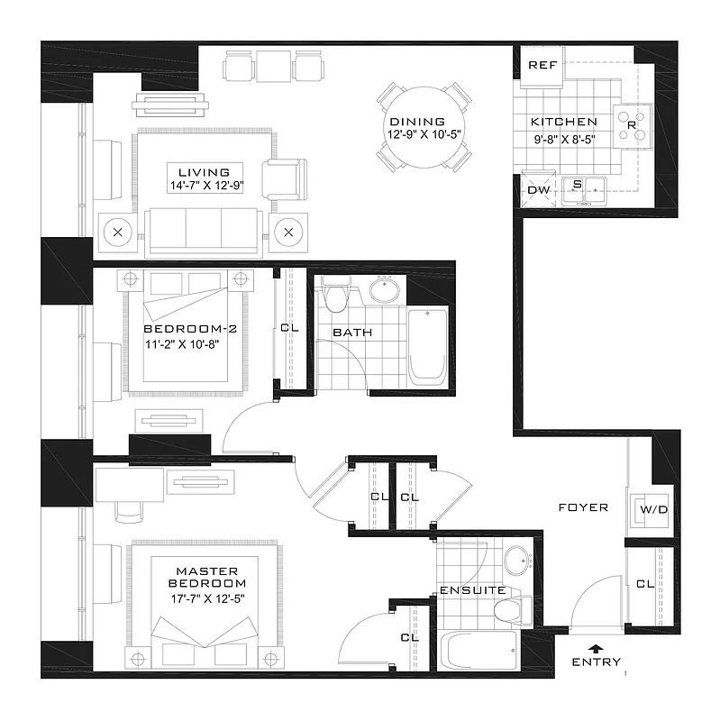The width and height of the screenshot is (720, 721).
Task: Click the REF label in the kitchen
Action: click(542, 65)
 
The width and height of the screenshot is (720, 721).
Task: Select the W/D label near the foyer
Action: click(653, 511)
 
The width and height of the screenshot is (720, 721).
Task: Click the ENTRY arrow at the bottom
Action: click(594, 647)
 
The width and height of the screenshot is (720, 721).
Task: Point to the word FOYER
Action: click(583, 507)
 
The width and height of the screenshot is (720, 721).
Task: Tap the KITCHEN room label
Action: click(563, 122)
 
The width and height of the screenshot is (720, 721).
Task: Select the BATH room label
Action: click(352, 333)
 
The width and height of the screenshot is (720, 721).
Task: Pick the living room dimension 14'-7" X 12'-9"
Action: click(204, 185)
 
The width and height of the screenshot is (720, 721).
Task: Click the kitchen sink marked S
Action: click(577, 186)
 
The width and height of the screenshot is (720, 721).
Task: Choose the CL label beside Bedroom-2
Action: click(289, 328)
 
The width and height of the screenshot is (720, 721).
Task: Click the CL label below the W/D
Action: click(644, 584)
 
